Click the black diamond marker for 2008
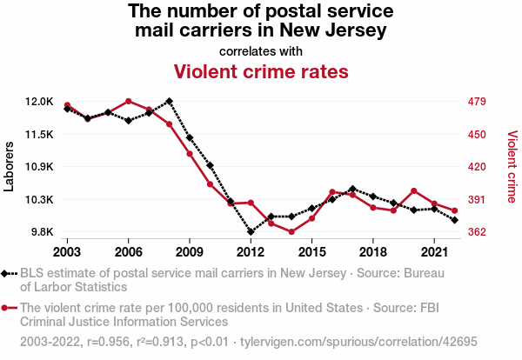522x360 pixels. click(x=169, y=101)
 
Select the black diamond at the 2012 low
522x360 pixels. click(x=251, y=232)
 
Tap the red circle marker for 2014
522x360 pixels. click(x=291, y=232)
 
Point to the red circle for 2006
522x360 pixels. click(x=128, y=101)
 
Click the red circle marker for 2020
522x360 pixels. click(x=414, y=190)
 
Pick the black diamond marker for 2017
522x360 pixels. click(x=352, y=189)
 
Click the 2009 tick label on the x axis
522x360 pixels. click(x=189, y=251)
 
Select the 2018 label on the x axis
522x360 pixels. click(x=372, y=251)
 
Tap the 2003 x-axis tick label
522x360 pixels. click(x=67, y=251)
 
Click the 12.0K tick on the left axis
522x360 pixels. click(x=38, y=102)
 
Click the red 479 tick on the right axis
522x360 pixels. click(x=477, y=102)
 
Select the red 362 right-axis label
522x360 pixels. click(x=477, y=232)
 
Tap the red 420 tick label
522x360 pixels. click(x=477, y=167)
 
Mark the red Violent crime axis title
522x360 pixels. click(x=512, y=166)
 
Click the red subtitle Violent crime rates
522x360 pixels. click(x=261, y=70)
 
